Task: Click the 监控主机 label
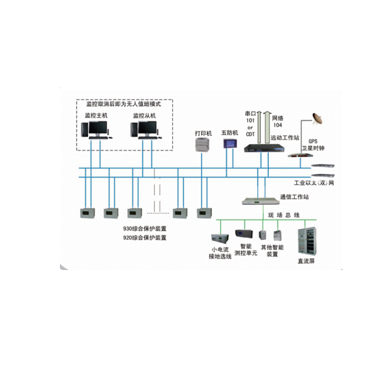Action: [97, 116]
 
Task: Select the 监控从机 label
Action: [144, 116]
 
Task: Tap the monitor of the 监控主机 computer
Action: [98, 129]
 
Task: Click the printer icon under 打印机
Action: [202, 144]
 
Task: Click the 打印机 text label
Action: [203, 133]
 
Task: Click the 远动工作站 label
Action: [285, 138]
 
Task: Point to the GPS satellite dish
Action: [318, 118]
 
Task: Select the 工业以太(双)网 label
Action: [314, 183]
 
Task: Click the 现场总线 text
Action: [284, 215]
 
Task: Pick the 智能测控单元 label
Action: [245, 250]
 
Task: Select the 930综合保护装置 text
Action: [145, 228]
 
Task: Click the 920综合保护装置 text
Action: [145, 238]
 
